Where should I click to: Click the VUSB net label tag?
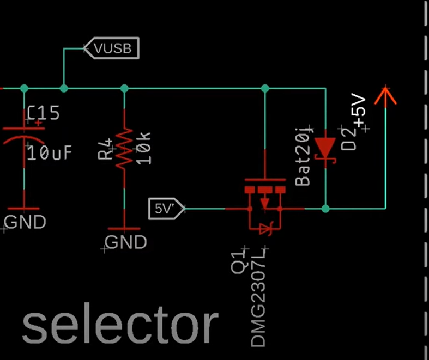[112, 48]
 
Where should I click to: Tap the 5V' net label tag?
[166, 208]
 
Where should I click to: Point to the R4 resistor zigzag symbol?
[124, 147]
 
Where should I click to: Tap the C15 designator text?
[44, 113]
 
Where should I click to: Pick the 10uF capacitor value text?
[50, 153]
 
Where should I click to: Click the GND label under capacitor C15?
[25, 222]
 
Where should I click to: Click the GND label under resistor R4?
[125, 242]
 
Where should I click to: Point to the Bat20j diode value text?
[303, 155]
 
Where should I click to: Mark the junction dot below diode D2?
[325, 208]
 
